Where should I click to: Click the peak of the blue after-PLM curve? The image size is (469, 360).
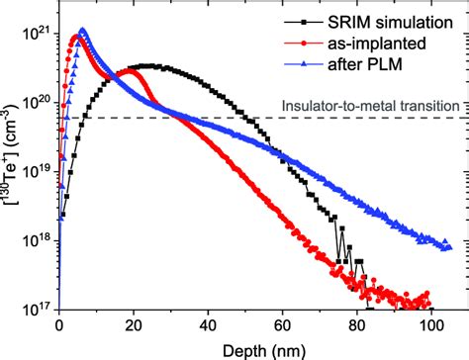click(82, 31)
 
